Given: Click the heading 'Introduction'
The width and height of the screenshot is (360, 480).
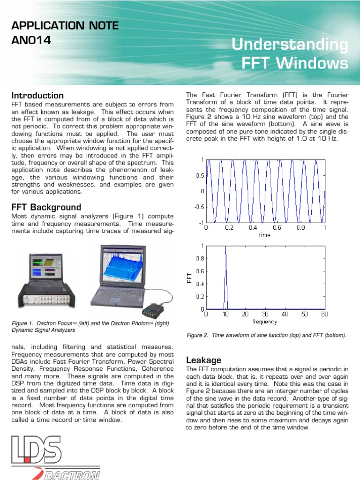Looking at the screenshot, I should click(37, 96).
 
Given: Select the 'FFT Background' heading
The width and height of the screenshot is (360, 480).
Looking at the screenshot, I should click(46, 207).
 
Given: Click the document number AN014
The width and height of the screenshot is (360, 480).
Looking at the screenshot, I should click(30, 40).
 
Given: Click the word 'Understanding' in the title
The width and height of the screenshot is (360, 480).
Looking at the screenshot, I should click(291, 45).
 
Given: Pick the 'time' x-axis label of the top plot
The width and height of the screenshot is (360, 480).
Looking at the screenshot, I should click(265, 235).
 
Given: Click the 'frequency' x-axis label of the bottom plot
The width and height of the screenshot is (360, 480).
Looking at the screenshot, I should click(265, 322).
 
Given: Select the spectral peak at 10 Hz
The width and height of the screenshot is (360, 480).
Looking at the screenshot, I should click(225, 277).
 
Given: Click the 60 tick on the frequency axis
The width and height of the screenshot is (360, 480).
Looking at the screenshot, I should click(324, 314).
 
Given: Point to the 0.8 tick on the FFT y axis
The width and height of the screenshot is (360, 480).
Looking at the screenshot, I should click(200, 258).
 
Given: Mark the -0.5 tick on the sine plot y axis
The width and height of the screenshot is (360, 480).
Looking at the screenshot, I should click(199, 207).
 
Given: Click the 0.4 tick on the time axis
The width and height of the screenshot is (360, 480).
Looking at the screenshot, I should click(253, 228).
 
